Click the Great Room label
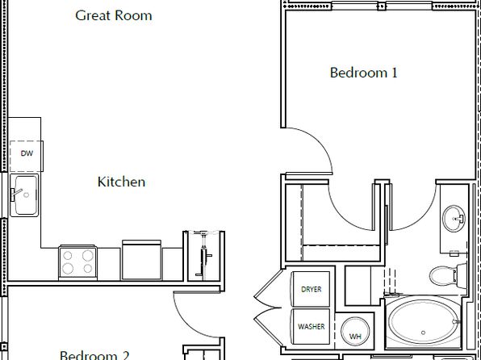[114, 15]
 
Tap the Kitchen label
[122, 182]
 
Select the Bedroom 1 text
[363, 73]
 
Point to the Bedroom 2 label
[94, 355]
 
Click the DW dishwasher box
[27, 157]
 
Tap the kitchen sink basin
[24, 195]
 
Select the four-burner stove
[77, 262]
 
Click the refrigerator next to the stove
[142, 260]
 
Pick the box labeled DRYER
[311, 289]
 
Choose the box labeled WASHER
[311, 327]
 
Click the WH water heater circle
[355, 332]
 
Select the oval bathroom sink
[454, 219]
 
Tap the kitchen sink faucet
[16, 194]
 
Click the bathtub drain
[424, 333]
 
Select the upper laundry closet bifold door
[267, 290]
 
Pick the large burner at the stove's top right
[88, 255]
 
